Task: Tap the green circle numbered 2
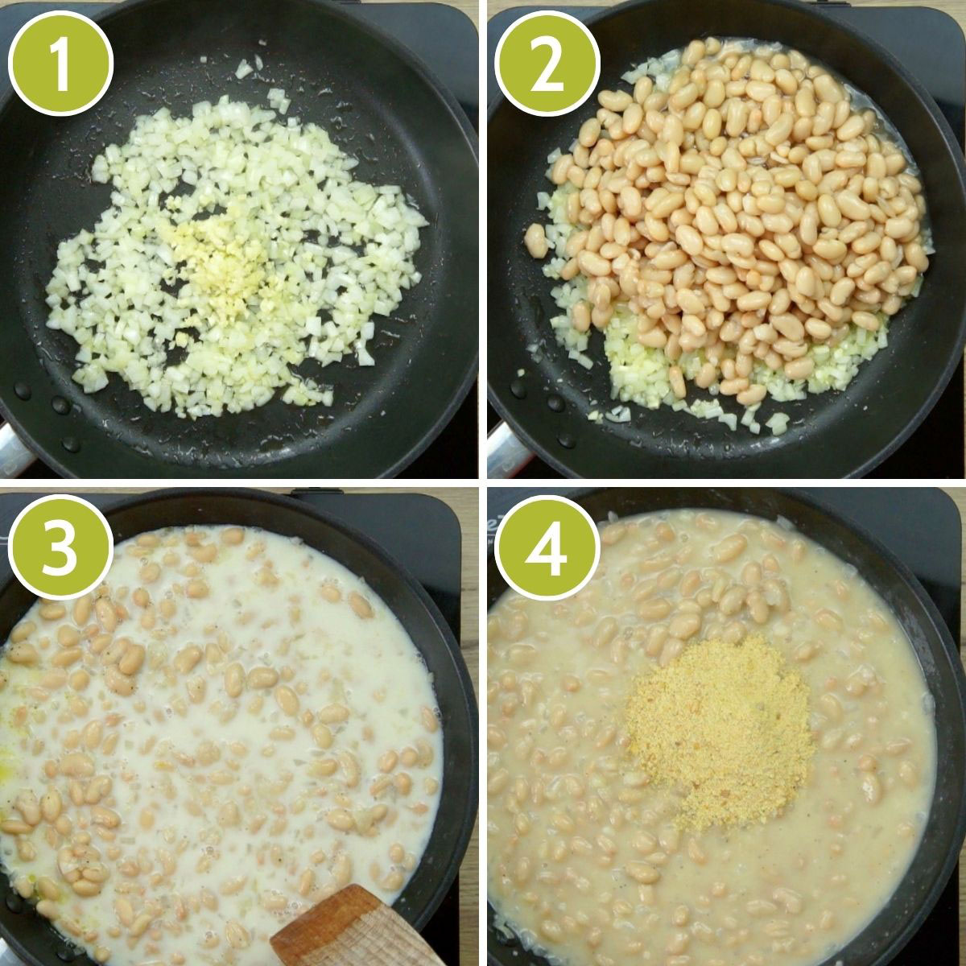(547, 62)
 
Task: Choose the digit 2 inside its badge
(547, 62)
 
